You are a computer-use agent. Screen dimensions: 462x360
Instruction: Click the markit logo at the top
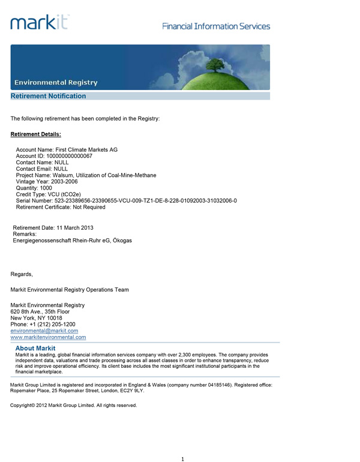40,22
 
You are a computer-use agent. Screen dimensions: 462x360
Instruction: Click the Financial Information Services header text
216,26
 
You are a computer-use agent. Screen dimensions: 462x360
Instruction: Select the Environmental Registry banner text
56,82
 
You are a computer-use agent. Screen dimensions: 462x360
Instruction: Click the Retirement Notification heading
49,96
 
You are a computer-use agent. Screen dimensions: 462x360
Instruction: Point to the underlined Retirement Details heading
36,134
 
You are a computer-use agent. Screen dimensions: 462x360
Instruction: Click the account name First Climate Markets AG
86,149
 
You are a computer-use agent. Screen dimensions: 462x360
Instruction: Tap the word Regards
22,274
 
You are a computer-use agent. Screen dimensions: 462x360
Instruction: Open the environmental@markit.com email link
44,331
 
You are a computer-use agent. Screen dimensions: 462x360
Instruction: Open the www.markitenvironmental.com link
49,338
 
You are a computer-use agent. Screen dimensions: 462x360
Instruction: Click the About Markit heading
35,349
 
